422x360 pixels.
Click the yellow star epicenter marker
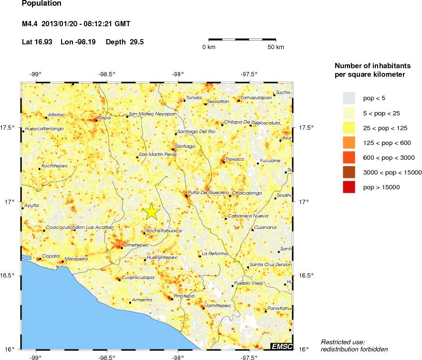point(152,211)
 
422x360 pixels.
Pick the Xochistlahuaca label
point(164,231)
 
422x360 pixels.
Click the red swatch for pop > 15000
point(349,187)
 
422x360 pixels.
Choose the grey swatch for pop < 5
point(349,98)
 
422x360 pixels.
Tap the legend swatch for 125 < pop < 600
point(349,143)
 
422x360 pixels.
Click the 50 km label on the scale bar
point(276,47)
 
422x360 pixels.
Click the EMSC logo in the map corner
point(281,346)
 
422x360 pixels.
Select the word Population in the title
point(41,4)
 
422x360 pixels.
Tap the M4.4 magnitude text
point(31,23)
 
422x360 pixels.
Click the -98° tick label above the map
point(178,74)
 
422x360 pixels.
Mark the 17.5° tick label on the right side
point(305,127)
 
